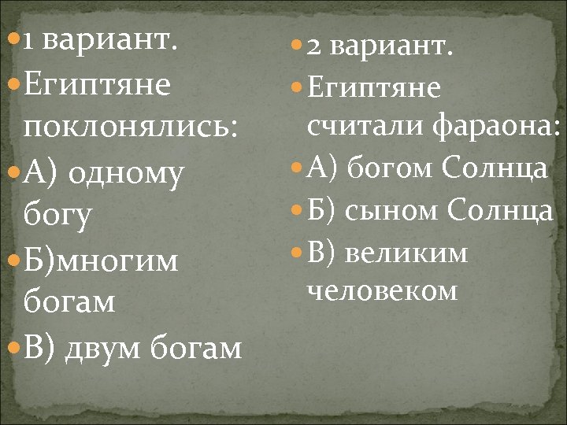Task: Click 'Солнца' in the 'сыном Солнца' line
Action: tap(500, 211)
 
